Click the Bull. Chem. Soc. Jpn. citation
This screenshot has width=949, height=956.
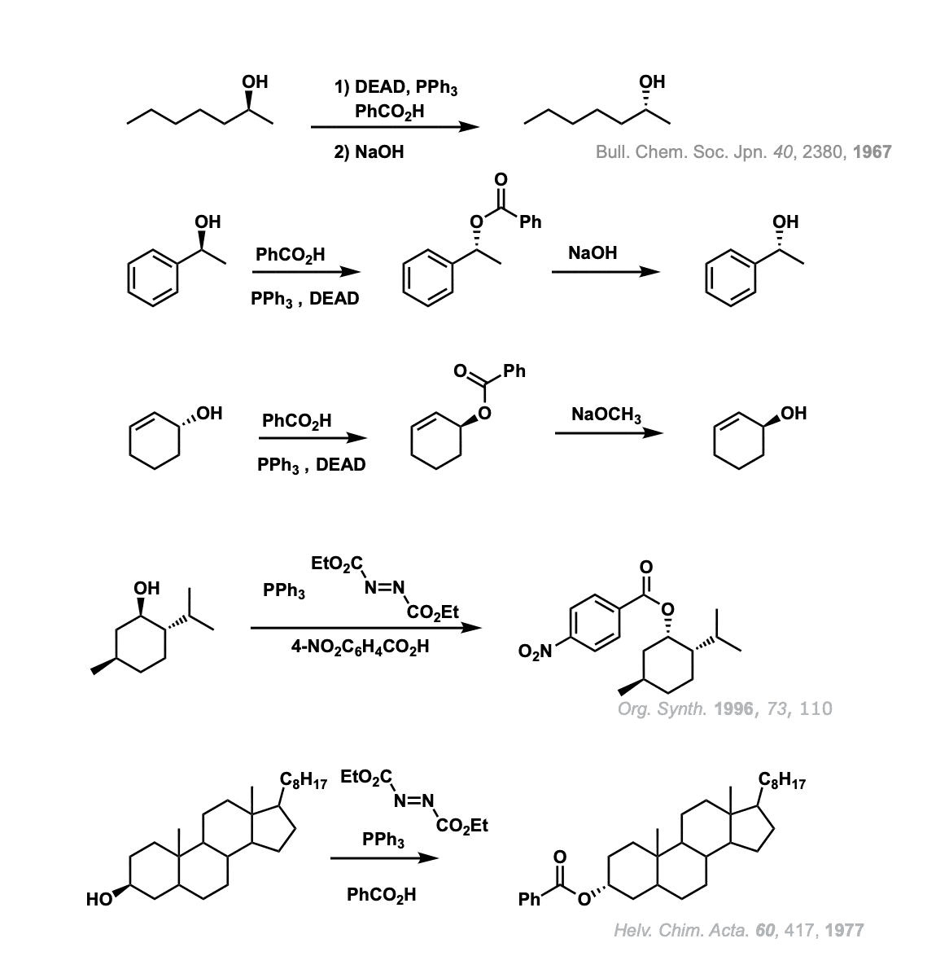[743, 152]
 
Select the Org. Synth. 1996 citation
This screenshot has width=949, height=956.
[724, 708]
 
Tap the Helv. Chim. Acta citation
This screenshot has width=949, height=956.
[738, 930]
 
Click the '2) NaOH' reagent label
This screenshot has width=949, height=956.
[369, 152]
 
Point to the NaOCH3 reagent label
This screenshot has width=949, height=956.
[606, 414]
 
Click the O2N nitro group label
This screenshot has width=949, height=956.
[536, 651]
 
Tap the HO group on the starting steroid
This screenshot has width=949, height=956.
[98, 899]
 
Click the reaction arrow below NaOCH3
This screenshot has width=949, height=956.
[608, 433]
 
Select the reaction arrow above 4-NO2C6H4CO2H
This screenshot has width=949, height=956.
[365, 628]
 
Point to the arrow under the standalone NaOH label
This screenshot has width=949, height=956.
[605, 271]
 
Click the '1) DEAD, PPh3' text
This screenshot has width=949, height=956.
[396, 88]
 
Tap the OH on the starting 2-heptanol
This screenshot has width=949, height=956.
[255, 81]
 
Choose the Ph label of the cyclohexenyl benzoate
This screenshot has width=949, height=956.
[514, 372]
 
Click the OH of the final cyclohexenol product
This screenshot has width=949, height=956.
[793, 413]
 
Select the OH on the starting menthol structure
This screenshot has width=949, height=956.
[147, 587]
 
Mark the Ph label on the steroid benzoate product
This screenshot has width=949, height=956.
[529, 901]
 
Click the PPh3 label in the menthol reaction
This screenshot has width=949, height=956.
[284, 590]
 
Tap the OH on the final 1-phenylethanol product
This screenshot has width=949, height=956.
[785, 221]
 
